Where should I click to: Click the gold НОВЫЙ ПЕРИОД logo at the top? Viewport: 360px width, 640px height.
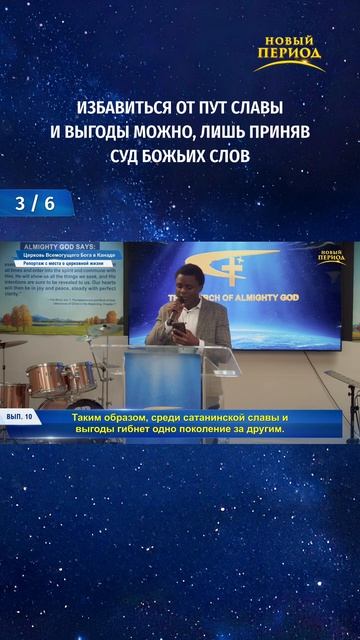288,53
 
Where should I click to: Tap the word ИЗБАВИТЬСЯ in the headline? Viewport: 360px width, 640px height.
127,107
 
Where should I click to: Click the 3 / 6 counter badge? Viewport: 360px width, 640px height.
31,203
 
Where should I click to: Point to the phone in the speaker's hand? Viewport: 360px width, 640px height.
178,326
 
